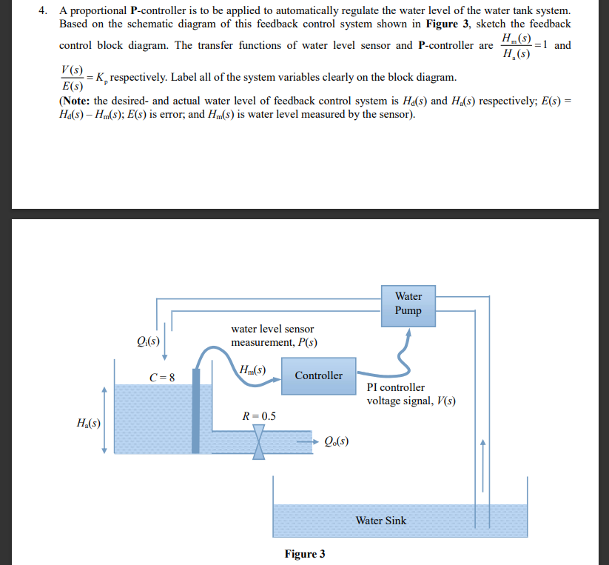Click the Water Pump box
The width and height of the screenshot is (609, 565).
[408, 304]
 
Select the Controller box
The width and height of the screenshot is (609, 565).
[318, 375]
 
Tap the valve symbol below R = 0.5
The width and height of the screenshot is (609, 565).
[259, 443]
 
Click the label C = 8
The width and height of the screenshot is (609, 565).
[162, 376]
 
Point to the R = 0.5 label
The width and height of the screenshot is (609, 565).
[259, 416]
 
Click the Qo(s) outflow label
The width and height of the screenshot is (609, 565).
[337, 443]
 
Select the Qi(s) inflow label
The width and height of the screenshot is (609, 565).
[149, 341]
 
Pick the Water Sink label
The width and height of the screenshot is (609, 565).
[380, 521]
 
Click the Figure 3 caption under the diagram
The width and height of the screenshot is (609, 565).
[304, 554]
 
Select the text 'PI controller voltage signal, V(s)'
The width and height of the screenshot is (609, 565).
[411, 394]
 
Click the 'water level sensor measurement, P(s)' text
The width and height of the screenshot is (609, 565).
[273, 335]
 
